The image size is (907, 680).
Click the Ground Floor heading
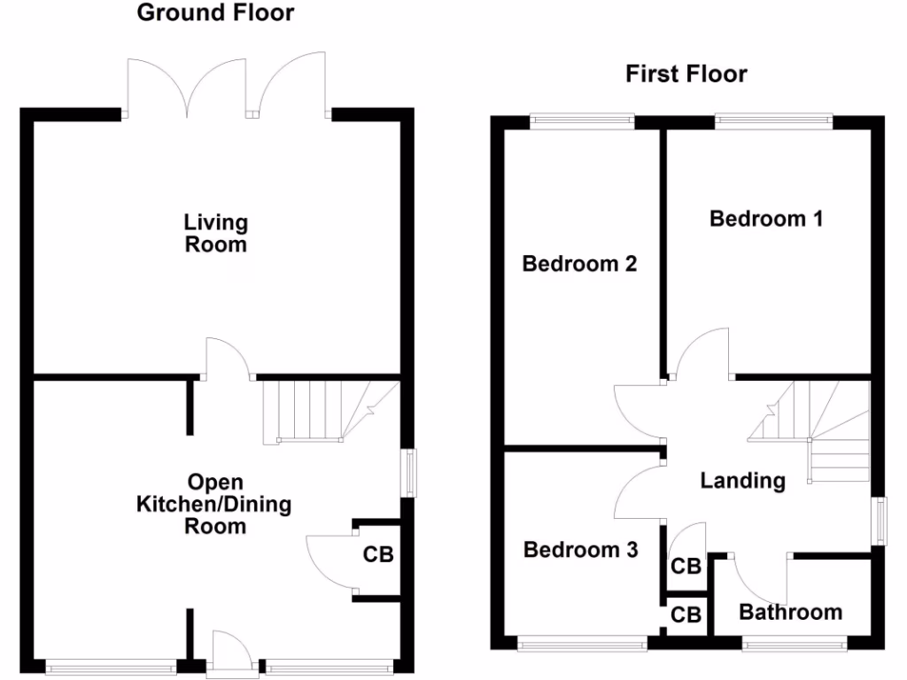click(216, 13)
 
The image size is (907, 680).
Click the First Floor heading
click(686, 73)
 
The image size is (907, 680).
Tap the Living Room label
click(216, 233)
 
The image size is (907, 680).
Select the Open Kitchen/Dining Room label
click(213, 504)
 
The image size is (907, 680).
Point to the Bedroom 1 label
click(766, 218)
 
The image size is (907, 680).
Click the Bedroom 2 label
click(579, 264)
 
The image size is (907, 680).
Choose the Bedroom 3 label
click(580, 550)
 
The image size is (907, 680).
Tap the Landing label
click(742, 481)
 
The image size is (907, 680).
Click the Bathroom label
click(790, 612)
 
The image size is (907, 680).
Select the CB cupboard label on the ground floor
click(378, 555)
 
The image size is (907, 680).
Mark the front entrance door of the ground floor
click(230, 655)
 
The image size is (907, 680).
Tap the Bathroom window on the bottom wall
click(793, 646)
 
